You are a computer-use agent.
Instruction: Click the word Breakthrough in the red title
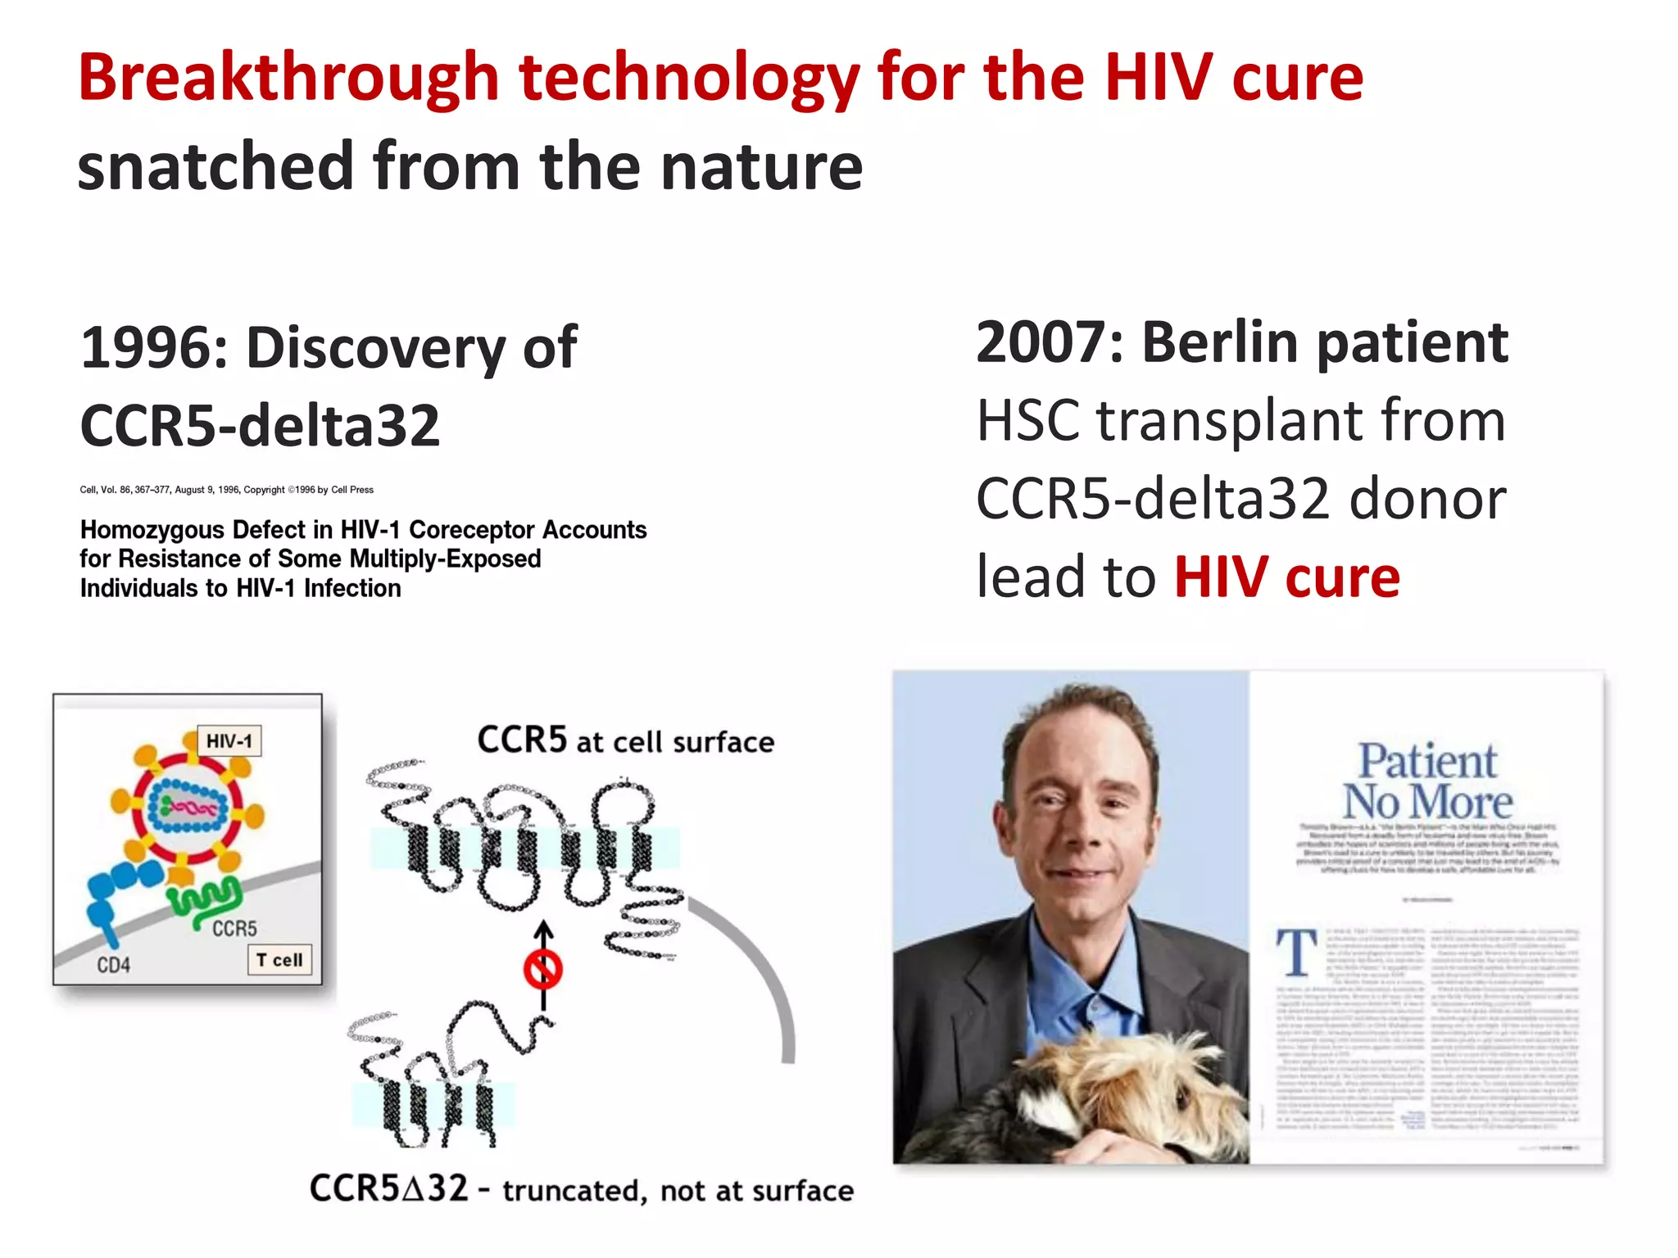(288, 78)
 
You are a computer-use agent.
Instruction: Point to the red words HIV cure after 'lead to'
(1286, 577)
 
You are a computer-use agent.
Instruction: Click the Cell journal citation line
(226, 490)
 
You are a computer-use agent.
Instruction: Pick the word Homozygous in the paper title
(152, 530)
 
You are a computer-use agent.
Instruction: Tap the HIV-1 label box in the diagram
(229, 741)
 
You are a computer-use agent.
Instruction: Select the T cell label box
(279, 960)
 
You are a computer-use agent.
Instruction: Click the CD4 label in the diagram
(113, 965)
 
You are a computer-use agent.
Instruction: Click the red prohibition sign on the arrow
(542, 971)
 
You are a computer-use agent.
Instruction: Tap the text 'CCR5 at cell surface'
(625, 741)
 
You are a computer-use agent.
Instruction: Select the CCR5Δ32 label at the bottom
(388, 1188)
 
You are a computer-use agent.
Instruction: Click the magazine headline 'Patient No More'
(1426, 781)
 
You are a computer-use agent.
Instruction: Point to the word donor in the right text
(1427, 499)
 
